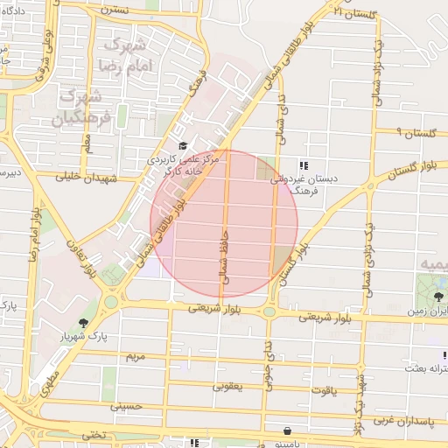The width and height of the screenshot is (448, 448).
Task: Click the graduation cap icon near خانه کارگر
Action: pos(183,145)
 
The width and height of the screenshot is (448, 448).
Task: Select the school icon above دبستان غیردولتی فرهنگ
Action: pos(303,164)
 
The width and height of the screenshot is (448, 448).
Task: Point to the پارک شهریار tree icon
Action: pos(83,324)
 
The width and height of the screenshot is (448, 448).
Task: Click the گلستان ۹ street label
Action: pos(415,133)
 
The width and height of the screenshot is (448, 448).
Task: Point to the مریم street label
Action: pos(134,357)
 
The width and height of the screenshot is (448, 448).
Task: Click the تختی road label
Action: pos(94,434)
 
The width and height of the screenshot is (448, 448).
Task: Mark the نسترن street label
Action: pos(115,10)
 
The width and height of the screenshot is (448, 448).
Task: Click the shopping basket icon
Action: pos(288,430)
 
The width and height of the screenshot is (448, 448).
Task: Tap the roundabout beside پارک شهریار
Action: pos(111,303)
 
